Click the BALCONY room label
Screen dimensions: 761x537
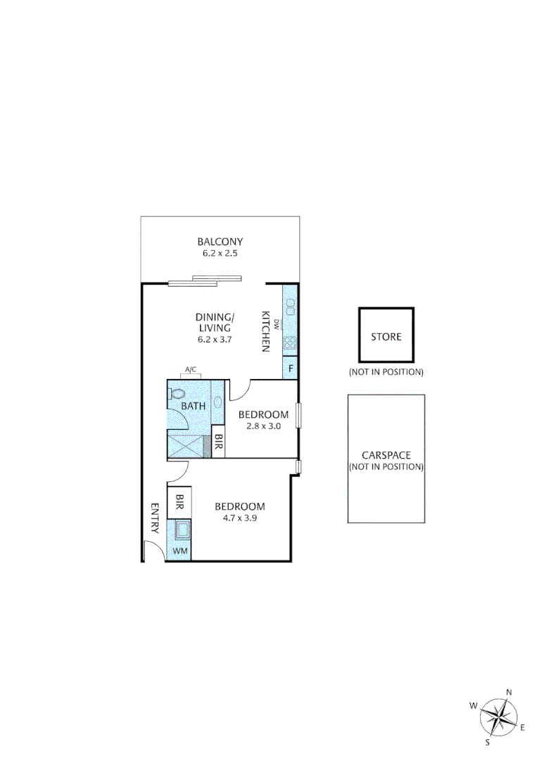pyautogui.click(x=220, y=242)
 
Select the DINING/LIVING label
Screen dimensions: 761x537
pyautogui.click(x=215, y=323)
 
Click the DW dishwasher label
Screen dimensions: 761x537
pyautogui.click(x=277, y=325)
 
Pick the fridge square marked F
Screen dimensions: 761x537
pyautogui.click(x=290, y=368)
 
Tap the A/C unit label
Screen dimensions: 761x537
pyautogui.click(x=190, y=369)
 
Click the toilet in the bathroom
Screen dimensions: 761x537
pyautogui.click(x=177, y=395)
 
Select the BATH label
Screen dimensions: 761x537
pyautogui.click(x=193, y=407)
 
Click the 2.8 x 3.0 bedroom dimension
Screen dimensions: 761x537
pyautogui.click(x=263, y=426)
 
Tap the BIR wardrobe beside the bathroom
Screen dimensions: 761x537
pyautogui.click(x=218, y=443)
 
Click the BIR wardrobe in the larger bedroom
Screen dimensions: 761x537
pyautogui.click(x=179, y=502)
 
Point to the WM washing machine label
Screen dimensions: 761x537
pyautogui.click(x=179, y=551)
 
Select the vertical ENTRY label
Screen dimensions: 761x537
pyautogui.click(x=155, y=518)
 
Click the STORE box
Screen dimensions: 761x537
pyautogui.click(x=386, y=336)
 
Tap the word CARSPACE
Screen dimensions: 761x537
pyautogui.click(x=386, y=455)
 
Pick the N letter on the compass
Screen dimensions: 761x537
pyautogui.click(x=509, y=693)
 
